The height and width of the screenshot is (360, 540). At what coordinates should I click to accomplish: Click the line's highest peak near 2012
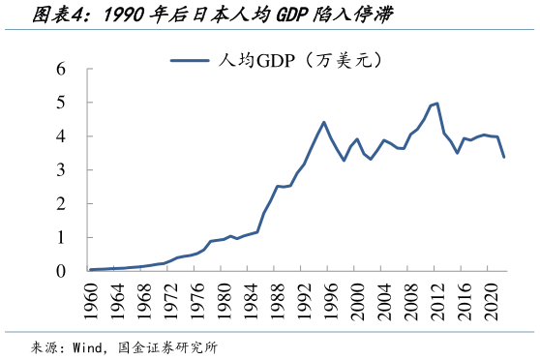click(437, 103)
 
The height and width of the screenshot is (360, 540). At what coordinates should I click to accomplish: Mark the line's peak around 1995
click(323, 122)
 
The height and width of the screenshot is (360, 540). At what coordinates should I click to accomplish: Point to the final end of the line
click(504, 157)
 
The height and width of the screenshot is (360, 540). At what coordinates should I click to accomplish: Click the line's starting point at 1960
click(90, 270)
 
